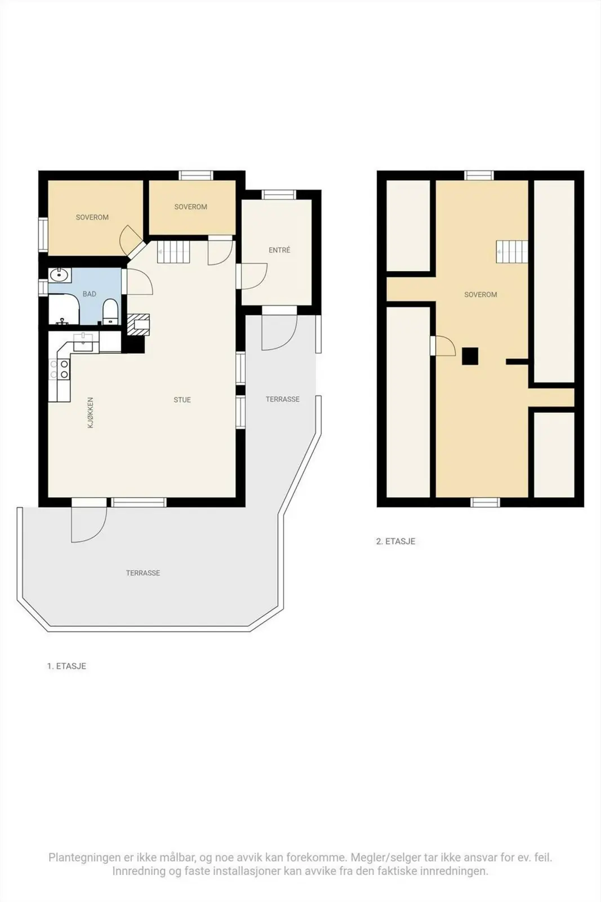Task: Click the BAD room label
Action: click(90, 294)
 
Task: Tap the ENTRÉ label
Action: click(279, 250)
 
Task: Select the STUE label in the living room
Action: click(182, 400)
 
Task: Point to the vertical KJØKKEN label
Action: click(91, 412)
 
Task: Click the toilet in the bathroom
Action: click(110, 312)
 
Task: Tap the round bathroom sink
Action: click(60, 276)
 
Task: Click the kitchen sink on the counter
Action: click(84, 342)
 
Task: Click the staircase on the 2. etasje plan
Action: click(511, 251)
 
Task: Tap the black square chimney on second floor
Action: click(470, 356)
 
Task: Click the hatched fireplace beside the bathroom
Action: click(139, 325)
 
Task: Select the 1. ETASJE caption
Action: click(67, 666)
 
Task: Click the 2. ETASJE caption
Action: click(395, 542)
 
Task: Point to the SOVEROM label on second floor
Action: click(480, 295)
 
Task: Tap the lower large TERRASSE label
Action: click(143, 573)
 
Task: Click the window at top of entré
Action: click(279, 195)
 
